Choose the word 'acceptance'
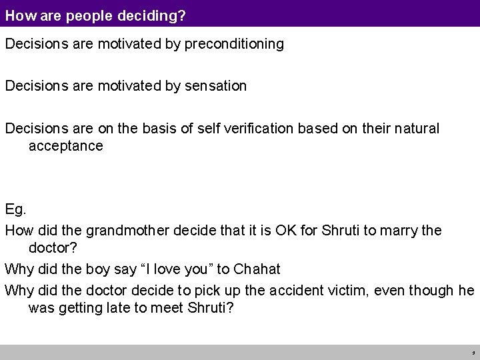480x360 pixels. click(65, 145)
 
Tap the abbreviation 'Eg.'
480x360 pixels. click(15, 210)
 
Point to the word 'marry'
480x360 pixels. click(401, 231)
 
